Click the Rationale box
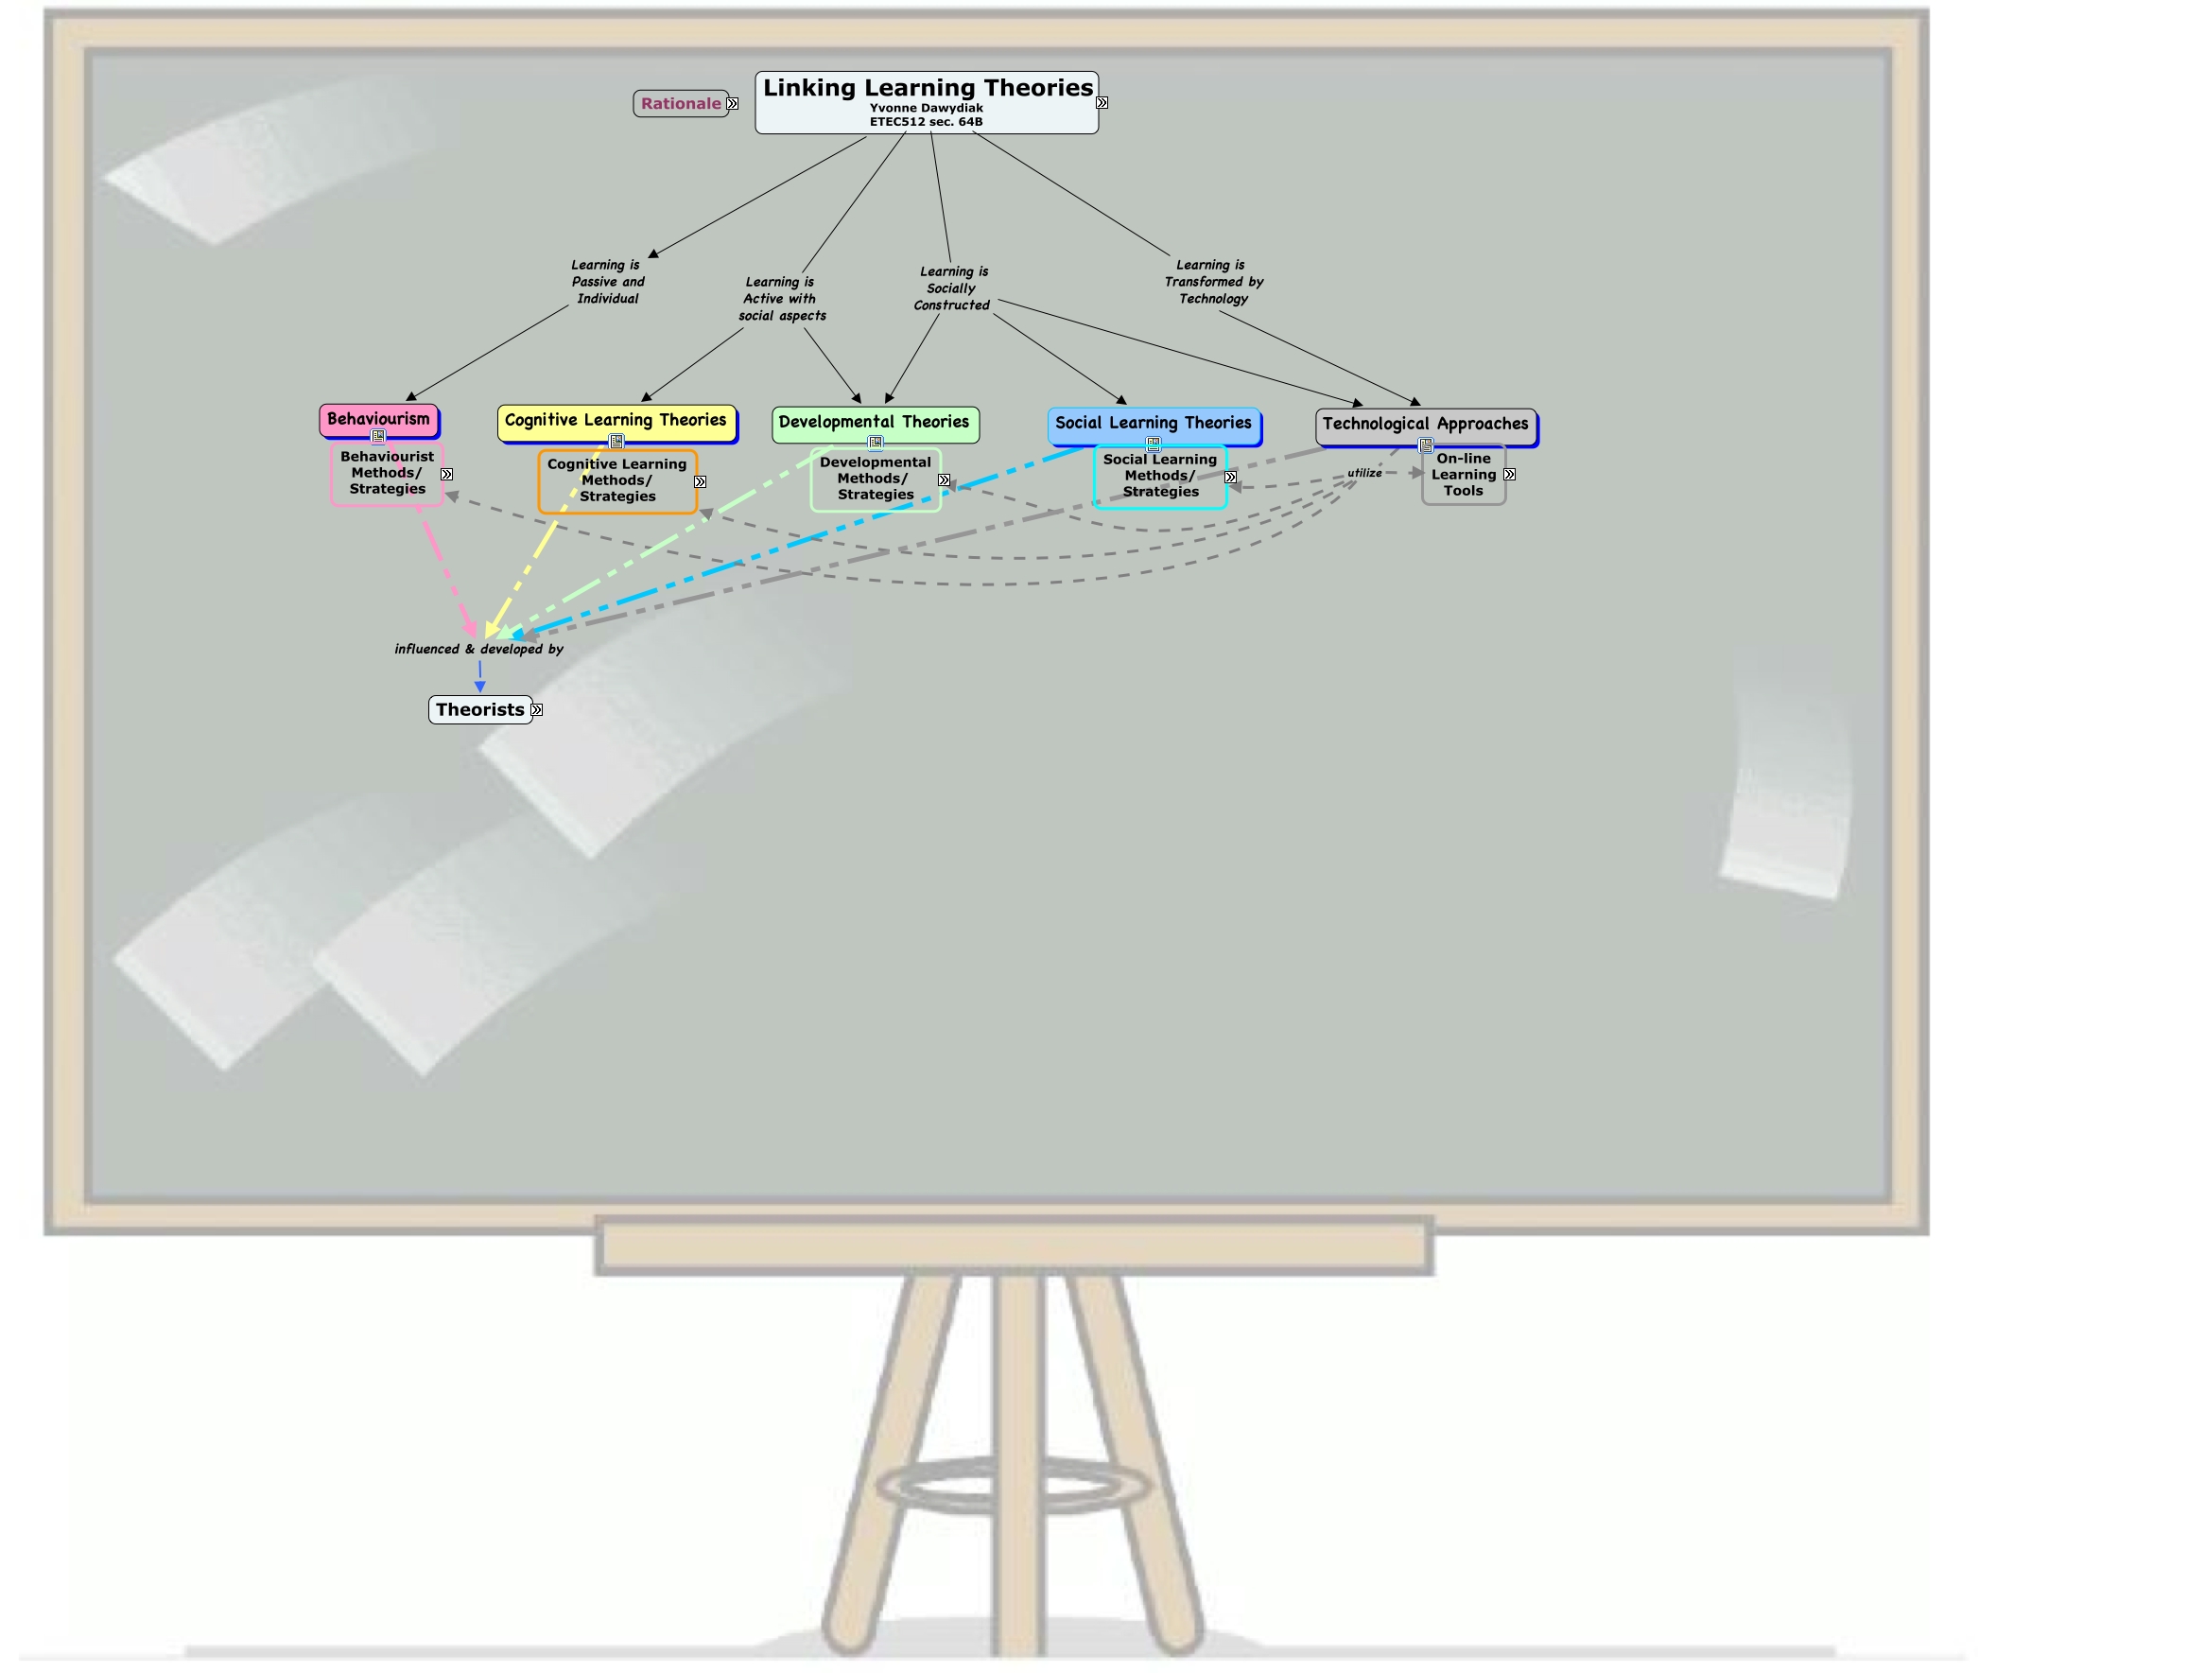click(681, 104)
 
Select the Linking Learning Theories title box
click(926, 101)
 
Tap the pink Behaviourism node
click(378, 420)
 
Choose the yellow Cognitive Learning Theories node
click(616, 421)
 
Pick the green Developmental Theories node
click(874, 423)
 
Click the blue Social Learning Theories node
click(1153, 424)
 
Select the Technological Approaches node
click(1425, 425)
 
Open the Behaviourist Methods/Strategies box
click(387, 473)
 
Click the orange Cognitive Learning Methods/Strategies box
click(616, 480)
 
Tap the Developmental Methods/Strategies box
click(875, 479)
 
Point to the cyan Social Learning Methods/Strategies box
click(1160, 477)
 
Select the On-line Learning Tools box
click(1463, 476)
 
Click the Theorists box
click(479, 710)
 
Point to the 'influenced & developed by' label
click(478, 650)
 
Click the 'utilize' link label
click(1364, 473)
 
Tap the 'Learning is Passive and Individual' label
click(608, 282)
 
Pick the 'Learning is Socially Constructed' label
click(952, 289)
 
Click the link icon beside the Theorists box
click(537, 710)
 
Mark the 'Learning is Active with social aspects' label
click(781, 299)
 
